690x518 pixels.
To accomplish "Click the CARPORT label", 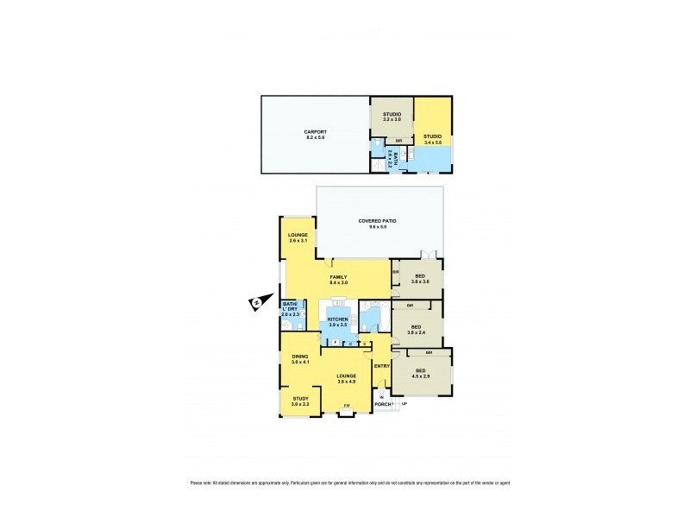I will (314, 131).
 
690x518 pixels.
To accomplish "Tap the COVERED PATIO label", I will (379, 222).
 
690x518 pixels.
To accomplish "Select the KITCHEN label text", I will (337, 319).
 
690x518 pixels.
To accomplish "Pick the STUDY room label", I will (299, 398).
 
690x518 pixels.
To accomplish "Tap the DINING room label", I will (299, 357).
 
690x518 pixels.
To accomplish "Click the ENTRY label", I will (382, 366).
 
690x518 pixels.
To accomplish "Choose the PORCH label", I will (383, 404).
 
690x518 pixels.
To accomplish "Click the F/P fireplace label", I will (346, 406).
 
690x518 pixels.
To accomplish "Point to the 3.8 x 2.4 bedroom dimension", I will (417, 332).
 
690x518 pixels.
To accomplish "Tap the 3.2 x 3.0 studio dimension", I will (392, 118).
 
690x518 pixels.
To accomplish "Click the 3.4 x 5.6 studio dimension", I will (432, 142).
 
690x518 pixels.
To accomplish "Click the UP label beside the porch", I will (404, 404).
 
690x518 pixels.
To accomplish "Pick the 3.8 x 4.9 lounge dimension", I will (346, 381).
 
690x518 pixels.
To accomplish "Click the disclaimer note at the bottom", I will (345, 483).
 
